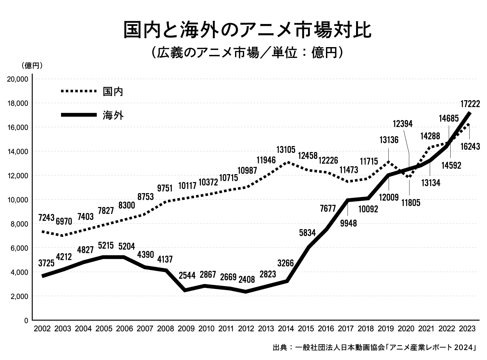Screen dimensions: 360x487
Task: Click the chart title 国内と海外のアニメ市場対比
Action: point(247,30)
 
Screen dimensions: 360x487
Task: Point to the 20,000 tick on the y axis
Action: point(18,79)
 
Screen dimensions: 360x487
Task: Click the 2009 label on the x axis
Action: point(186,329)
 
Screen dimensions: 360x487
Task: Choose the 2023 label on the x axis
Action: point(467,329)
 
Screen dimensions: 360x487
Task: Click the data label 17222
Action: point(470,104)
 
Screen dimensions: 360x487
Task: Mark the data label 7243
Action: point(46,217)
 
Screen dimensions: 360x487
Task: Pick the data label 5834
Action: point(307,233)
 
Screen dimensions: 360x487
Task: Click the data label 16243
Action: point(470,146)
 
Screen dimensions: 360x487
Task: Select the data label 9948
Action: point(348,223)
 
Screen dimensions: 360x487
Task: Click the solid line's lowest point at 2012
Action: point(246,291)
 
